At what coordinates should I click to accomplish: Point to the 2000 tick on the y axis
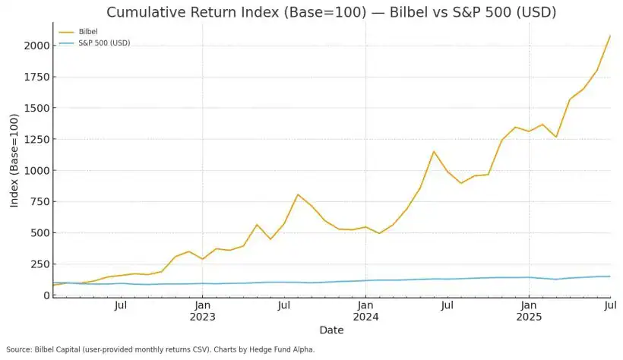coord(35,46)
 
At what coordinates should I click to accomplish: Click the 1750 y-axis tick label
coord(35,77)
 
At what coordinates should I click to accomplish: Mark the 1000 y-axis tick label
coord(35,171)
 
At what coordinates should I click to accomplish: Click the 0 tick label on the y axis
coord(46,295)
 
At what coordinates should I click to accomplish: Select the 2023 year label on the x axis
coord(202,317)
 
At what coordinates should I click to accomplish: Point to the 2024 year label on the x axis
coord(365,317)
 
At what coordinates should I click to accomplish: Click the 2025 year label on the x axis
coord(529,317)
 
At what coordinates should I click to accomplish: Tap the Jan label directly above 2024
coord(365,305)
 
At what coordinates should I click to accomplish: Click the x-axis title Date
coord(331,330)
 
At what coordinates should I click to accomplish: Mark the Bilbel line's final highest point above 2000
coord(610,36)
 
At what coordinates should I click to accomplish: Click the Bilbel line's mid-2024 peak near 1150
coord(434,151)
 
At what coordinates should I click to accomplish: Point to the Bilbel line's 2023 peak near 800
coord(298,194)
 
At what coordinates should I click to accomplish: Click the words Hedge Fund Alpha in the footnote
coord(284,349)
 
